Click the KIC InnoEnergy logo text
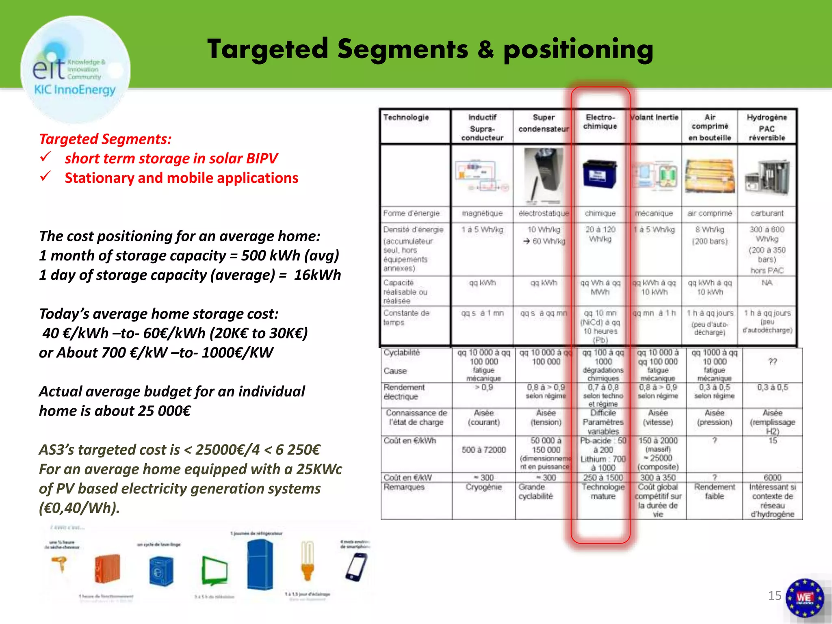[x=75, y=90]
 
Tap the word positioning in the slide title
[x=578, y=50]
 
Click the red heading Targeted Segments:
[x=105, y=139]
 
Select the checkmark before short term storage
[x=45, y=157]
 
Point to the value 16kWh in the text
[x=317, y=275]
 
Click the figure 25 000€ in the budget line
[x=164, y=411]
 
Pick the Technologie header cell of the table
[x=406, y=117]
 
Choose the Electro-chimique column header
[x=600, y=122]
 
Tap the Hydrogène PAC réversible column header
[x=767, y=128]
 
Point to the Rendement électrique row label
[x=404, y=392]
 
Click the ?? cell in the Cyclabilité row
[x=772, y=362]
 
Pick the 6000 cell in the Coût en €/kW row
[x=772, y=477]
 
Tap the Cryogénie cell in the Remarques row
[x=483, y=487]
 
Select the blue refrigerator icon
[x=260, y=565]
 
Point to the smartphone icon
[x=356, y=567]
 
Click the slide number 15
[x=774, y=596]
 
